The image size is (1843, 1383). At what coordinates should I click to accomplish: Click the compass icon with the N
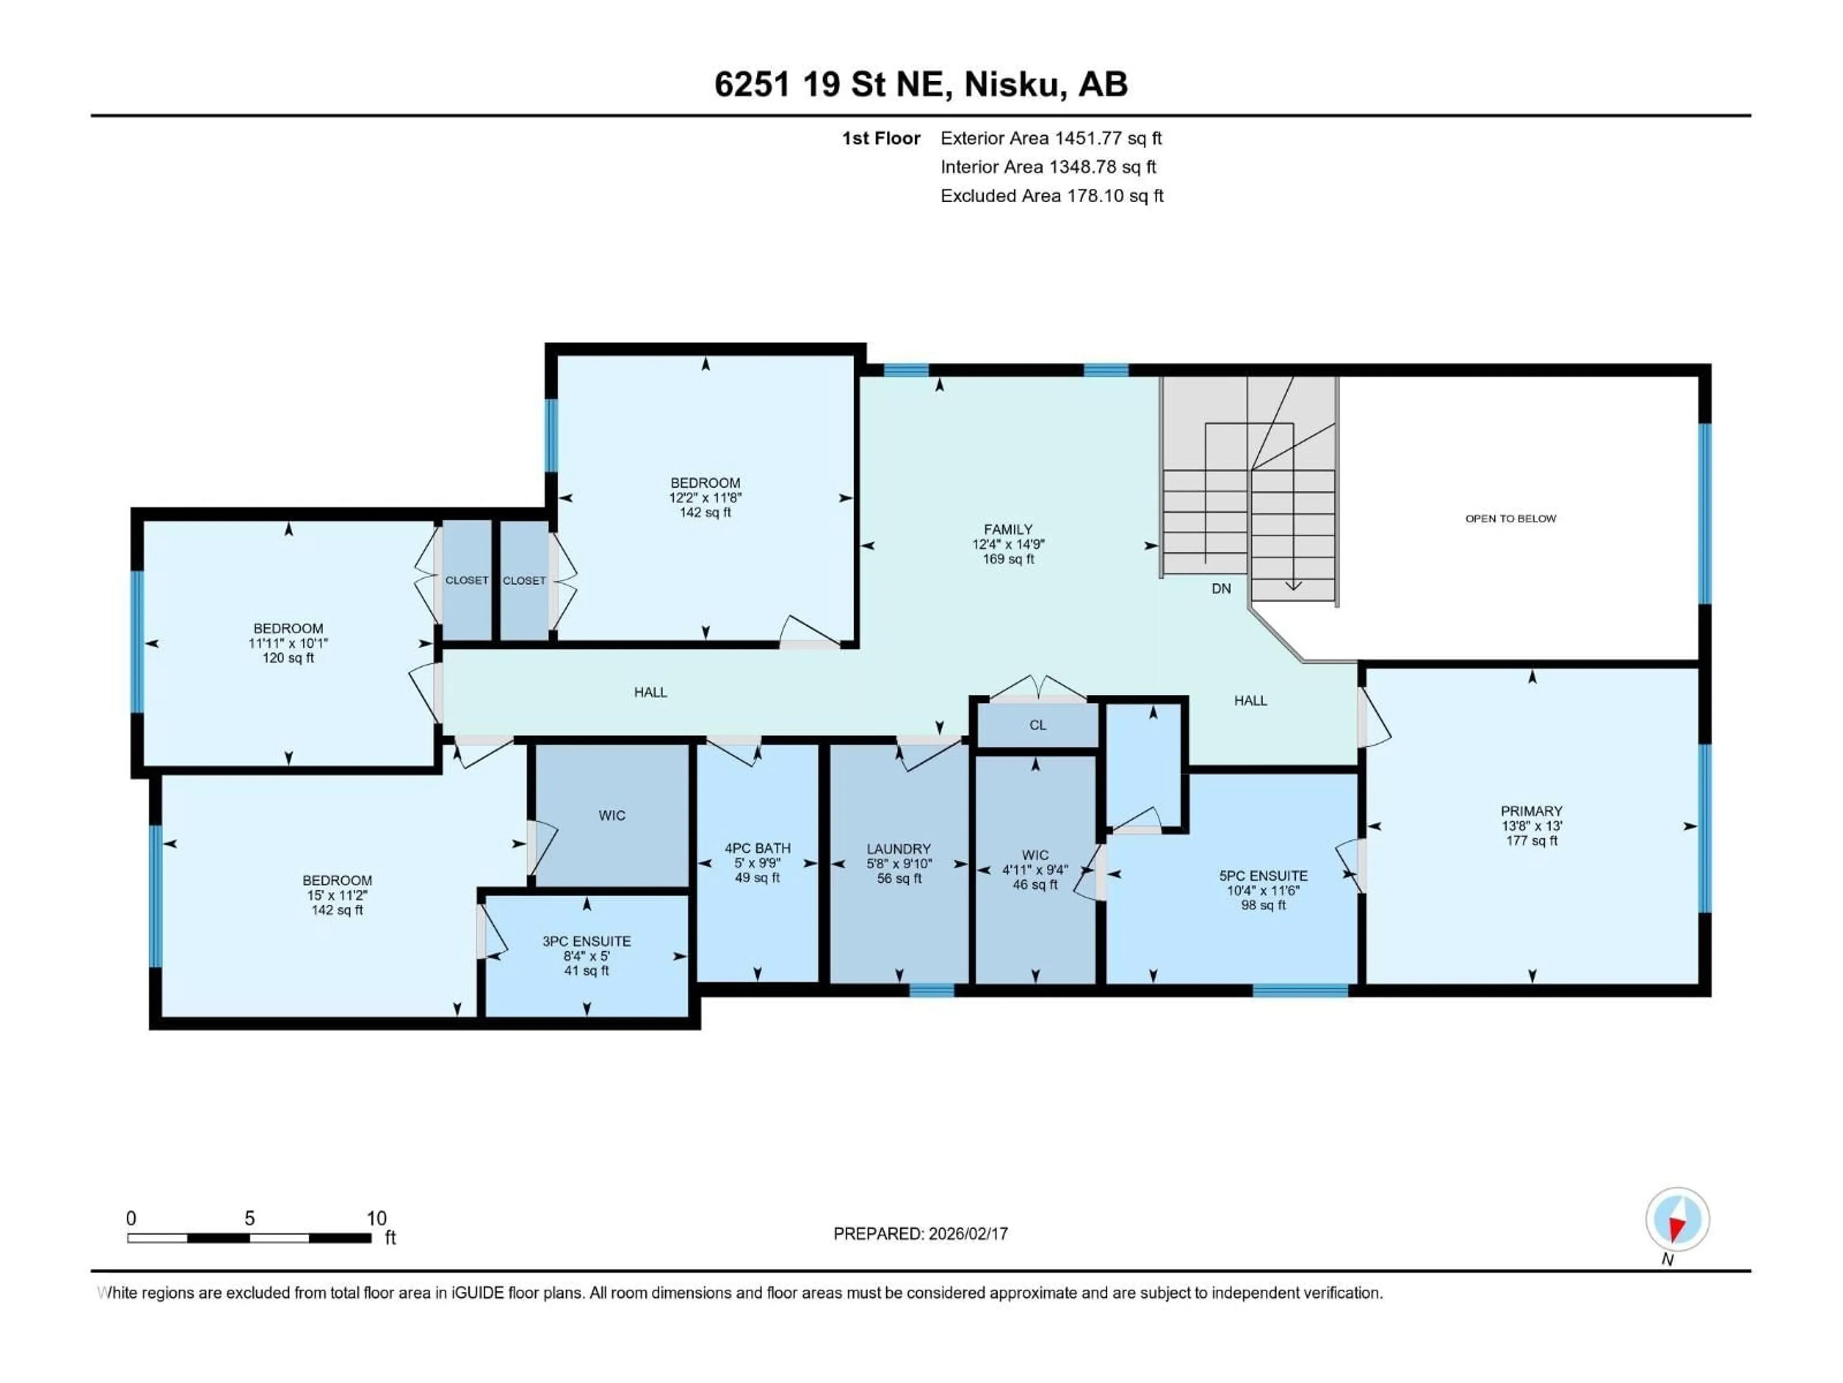pyautogui.click(x=1677, y=1220)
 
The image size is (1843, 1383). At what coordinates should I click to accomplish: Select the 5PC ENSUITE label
pyautogui.click(x=1263, y=876)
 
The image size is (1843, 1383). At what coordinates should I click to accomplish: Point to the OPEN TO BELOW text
pyautogui.click(x=1510, y=519)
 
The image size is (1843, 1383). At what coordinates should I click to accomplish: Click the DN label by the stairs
pyautogui.click(x=1221, y=589)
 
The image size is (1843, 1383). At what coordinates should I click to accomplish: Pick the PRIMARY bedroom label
pyautogui.click(x=1532, y=811)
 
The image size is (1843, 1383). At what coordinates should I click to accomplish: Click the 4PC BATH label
pyautogui.click(x=757, y=849)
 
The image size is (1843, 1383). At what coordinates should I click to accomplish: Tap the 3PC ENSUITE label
pyautogui.click(x=586, y=941)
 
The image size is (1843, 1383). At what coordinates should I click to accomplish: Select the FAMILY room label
pyautogui.click(x=1008, y=529)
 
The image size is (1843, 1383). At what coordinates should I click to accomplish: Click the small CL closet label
pyautogui.click(x=1037, y=725)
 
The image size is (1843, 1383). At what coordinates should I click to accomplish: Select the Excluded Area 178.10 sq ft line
pyautogui.click(x=1052, y=196)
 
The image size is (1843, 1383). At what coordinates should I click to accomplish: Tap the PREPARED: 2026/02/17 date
pyautogui.click(x=921, y=1234)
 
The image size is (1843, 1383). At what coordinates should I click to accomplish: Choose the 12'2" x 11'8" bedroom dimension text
pyautogui.click(x=705, y=497)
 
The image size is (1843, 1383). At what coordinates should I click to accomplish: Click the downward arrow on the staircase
pyautogui.click(x=1292, y=585)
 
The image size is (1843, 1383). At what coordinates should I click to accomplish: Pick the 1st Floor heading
pyautogui.click(x=881, y=138)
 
